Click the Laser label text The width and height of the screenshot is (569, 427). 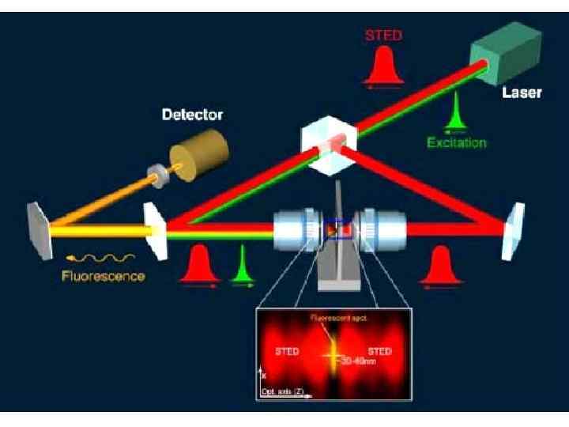[x=522, y=93]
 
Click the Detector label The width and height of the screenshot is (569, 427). [x=192, y=115]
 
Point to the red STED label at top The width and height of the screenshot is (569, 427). [x=383, y=36]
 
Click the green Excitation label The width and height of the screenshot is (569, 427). [x=457, y=143]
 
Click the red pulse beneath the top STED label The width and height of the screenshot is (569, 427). [x=384, y=66]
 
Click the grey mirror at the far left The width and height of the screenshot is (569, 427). [x=39, y=231]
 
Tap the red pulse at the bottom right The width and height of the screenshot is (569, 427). [x=439, y=268]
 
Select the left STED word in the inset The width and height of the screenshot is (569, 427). [x=288, y=352]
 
